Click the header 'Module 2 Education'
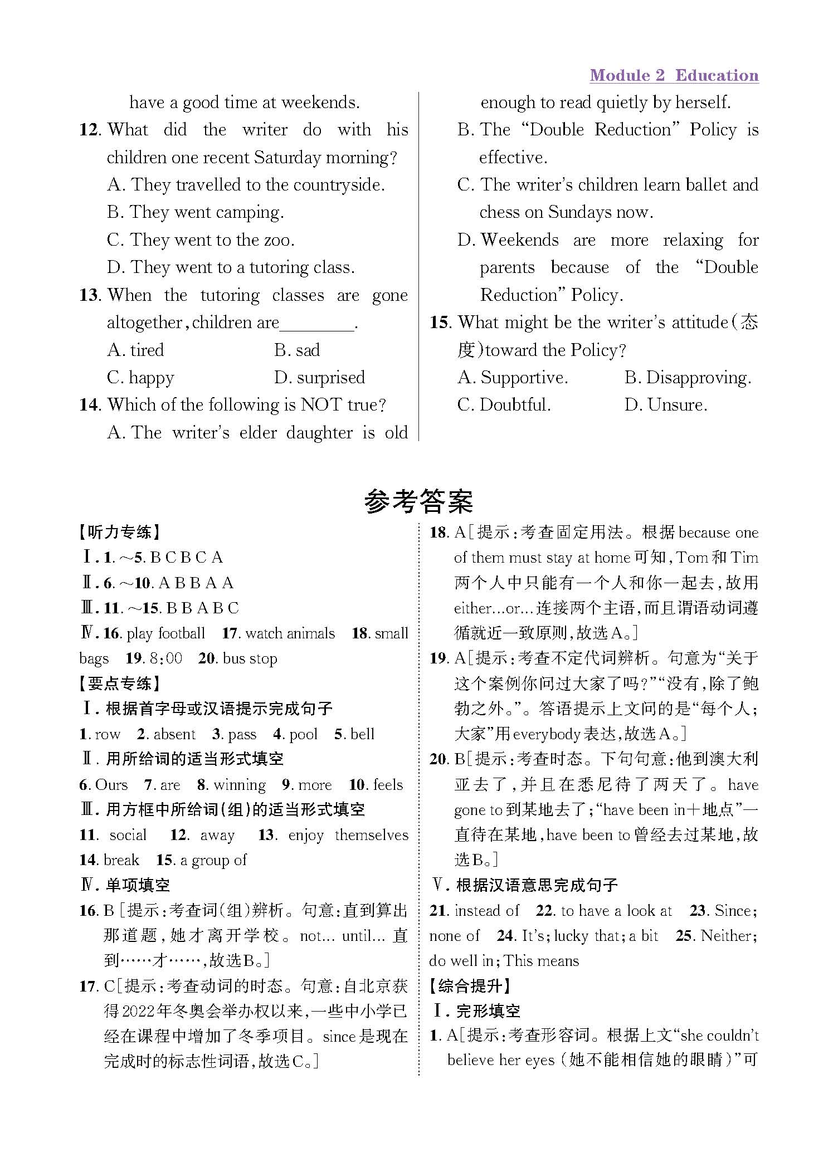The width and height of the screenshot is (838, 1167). coord(674,76)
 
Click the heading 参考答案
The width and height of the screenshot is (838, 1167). coord(418,502)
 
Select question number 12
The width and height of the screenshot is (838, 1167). coord(90,130)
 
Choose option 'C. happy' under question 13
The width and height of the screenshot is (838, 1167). coord(140,378)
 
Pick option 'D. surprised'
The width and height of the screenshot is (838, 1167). coord(319,378)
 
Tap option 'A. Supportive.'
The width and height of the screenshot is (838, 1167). coord(513,378)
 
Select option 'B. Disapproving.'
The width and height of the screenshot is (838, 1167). coord(688,378)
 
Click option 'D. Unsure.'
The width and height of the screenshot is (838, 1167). coord(666,405)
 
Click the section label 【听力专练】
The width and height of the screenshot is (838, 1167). coord(120,533)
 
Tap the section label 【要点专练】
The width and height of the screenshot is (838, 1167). coord(120,683)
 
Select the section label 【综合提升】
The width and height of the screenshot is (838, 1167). coord(471,986)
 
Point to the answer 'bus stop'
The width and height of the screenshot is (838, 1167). coord(250,658)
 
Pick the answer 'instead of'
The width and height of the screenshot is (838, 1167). coord(486,911)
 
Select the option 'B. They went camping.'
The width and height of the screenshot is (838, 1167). coord(196,213)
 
